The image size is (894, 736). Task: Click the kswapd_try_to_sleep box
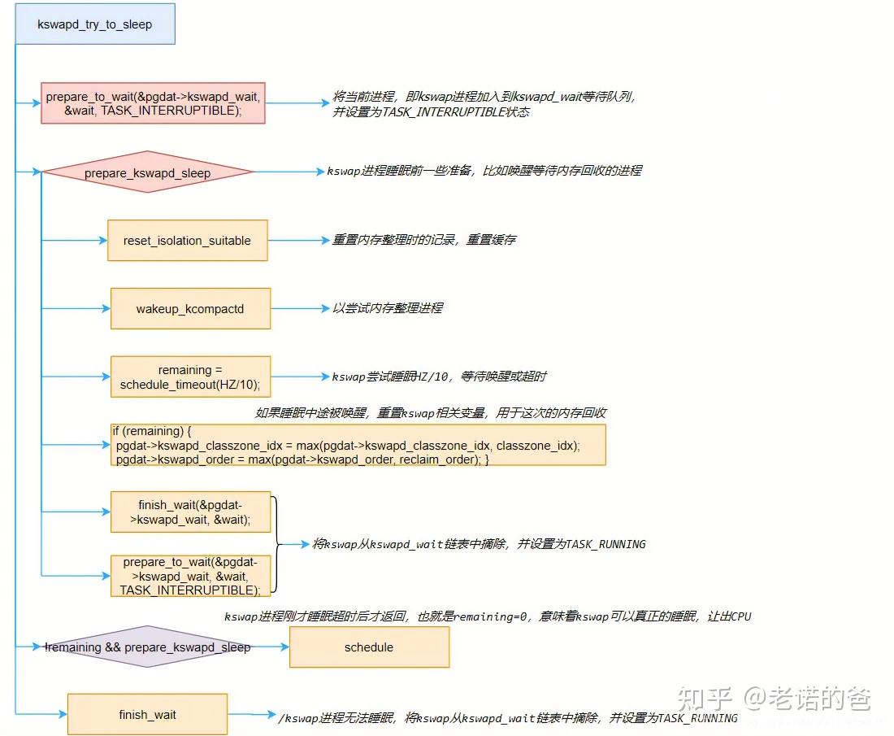95,24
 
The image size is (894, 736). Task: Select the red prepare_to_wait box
153,103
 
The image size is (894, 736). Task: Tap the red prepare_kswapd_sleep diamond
147,172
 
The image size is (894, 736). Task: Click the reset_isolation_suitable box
187,241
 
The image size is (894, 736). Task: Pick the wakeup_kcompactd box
190,309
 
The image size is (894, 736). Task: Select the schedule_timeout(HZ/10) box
190,377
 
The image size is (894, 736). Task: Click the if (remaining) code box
358,445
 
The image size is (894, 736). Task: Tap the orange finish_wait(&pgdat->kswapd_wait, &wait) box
190,512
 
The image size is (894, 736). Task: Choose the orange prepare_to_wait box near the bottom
190,576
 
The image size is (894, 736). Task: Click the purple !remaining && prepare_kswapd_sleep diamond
147,647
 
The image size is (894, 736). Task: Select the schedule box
368,647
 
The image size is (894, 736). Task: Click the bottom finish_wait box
147,715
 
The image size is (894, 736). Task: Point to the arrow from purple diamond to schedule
271,647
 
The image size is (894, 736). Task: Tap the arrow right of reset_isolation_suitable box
297,241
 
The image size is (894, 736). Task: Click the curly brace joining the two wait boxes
278,544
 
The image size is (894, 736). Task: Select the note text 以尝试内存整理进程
388,308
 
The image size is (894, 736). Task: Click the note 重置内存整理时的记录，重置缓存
423,240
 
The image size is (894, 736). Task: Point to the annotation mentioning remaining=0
488,616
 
